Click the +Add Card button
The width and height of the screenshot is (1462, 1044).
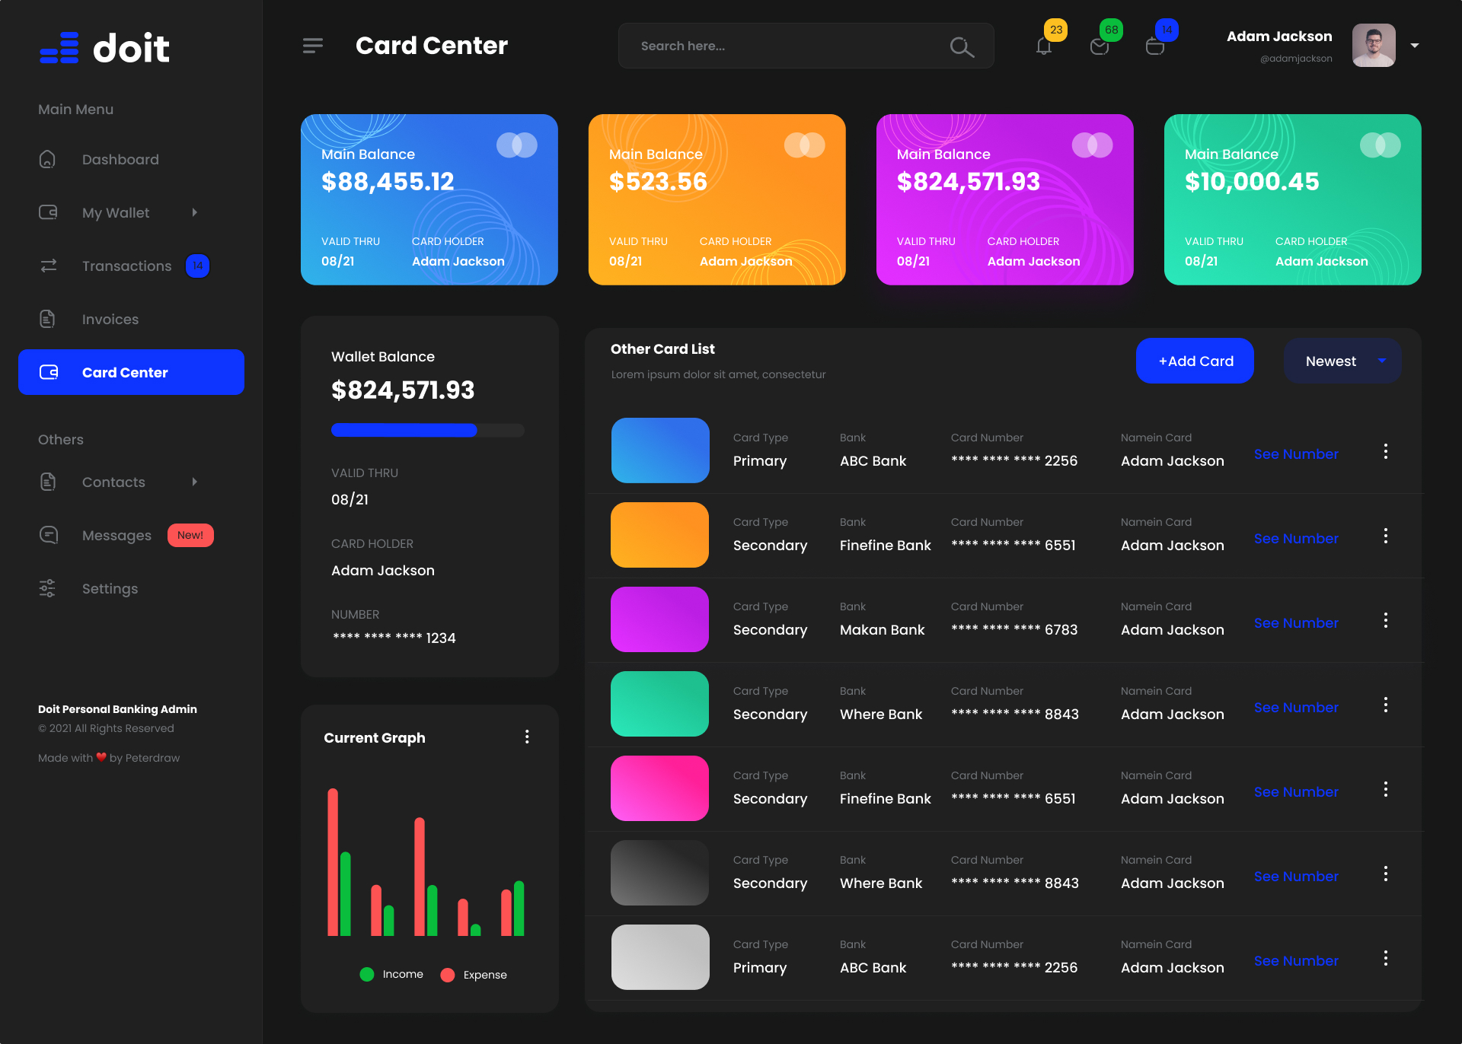(x=1195, y=361)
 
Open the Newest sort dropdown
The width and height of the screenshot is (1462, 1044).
(x=1342, y=361)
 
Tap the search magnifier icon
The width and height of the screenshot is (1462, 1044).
(x=962, y=46)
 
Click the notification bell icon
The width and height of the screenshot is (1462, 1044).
(x=1044, y=46)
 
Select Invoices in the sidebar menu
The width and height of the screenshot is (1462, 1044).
(x=110, y=320)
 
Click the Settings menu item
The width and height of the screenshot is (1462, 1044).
(x=110, y=589)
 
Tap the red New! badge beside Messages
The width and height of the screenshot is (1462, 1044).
(x=190, y=536)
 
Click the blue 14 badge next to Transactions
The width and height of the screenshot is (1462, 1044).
(x=198, y=266)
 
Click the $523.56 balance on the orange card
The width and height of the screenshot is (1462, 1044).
(x=658, y=182)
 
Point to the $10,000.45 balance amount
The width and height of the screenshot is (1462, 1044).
(x=1252, y=182)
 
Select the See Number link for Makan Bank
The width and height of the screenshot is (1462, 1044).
(x=1296, y=623)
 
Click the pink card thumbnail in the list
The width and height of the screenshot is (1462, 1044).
(x=660, y=788)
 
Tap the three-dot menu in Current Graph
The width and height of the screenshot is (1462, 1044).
(x=527, y=737)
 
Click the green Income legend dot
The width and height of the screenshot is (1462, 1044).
(x=367, y=975)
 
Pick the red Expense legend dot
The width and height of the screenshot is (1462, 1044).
(x=448, y=975)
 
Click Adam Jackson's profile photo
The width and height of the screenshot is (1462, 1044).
(x=1374, y=46)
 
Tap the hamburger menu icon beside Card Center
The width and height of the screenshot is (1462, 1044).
(x=313, y=46)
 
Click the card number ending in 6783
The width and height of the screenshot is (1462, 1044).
(x=1014, y=630)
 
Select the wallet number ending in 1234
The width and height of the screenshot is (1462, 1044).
(x=394, y=638)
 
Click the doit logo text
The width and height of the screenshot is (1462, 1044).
(x=131, y=49)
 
